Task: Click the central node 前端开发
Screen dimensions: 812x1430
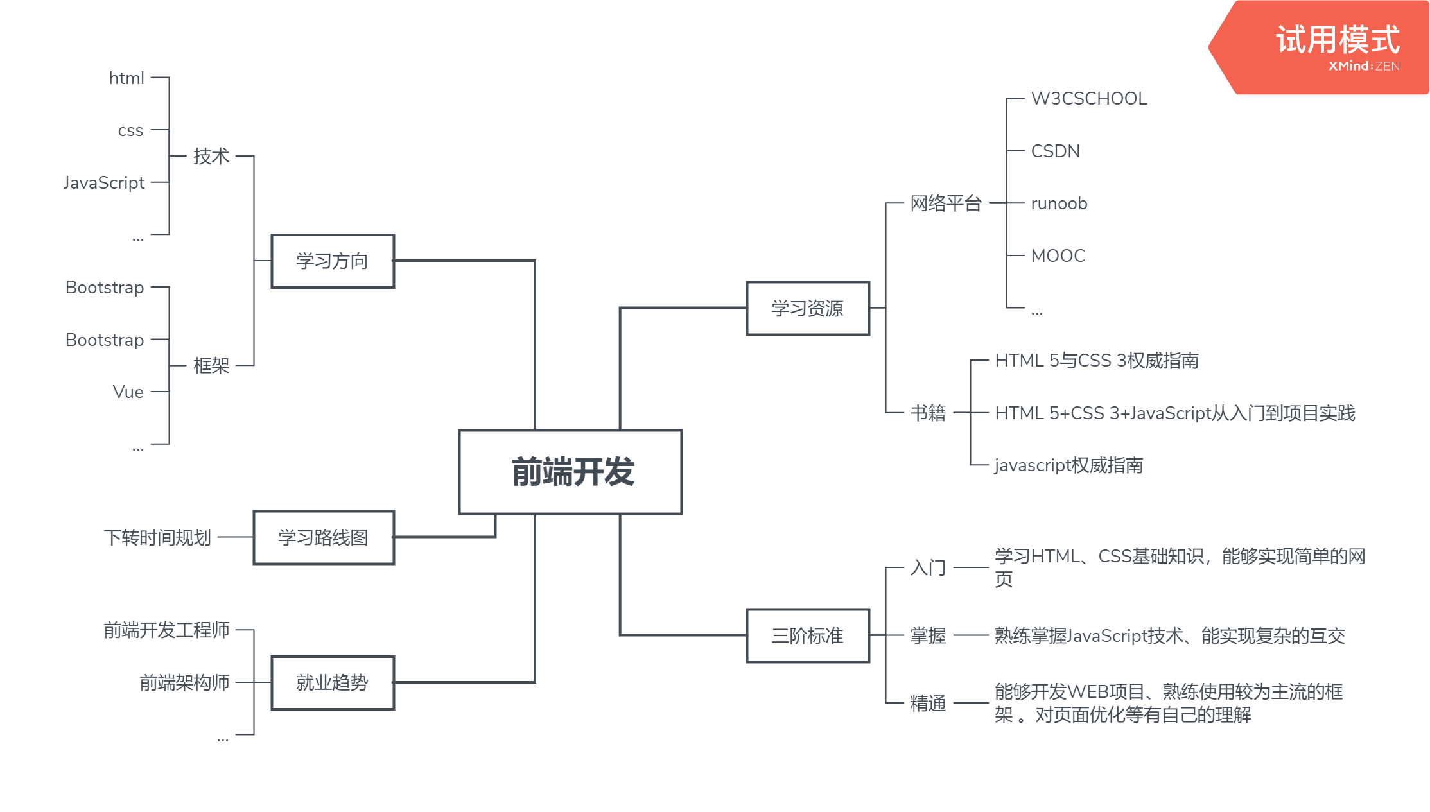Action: click(x=570, y=472)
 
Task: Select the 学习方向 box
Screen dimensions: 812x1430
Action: click(x=333, y=261)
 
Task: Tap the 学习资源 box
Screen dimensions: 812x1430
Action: click(x=808, y=308)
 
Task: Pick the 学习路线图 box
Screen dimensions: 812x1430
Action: click(x=324, y=537)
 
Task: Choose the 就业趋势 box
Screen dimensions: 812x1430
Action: click(x=333, y=682)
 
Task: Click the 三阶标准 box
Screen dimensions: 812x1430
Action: click(x=808, y=635)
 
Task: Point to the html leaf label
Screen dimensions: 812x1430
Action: click(x=126, y=78)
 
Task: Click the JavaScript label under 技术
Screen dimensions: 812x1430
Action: click(x=104, y=183)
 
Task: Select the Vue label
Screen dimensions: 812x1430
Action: click(x=128, y=392)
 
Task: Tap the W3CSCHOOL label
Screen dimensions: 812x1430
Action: click(x=1089, y=99)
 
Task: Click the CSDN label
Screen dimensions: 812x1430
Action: click(x=1055, y=151)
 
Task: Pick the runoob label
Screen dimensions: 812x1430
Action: click(x=1059, y=204)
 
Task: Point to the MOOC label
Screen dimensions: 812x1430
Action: click(x=1058, y=256)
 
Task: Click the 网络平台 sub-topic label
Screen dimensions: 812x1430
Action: click(x=946, y=203)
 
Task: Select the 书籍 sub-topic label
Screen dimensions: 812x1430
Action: click(x=928, y=413)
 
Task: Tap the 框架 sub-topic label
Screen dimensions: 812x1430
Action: click(x=211, y=366)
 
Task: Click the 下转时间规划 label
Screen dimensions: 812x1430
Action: click(x=157, y=537)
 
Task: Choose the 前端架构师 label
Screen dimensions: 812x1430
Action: click(x=184, y=682)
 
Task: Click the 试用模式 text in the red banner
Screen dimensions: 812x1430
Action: click(x=1338, y=40)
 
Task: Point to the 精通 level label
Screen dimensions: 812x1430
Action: click(x=928, y=704)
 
